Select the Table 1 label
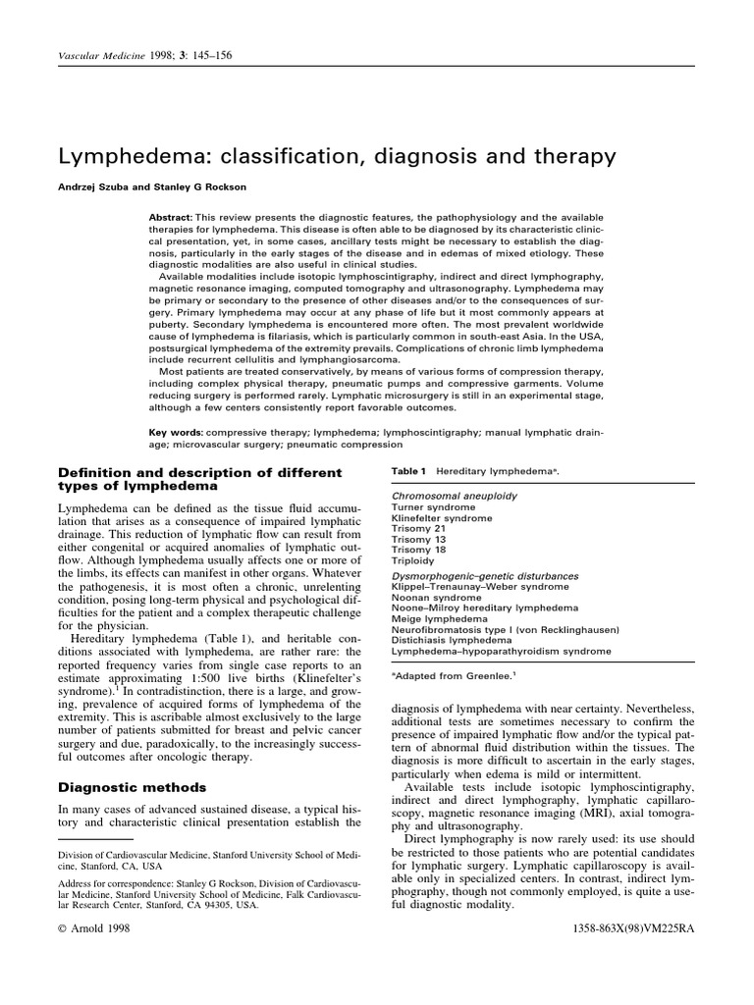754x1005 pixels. click(409, 471)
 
